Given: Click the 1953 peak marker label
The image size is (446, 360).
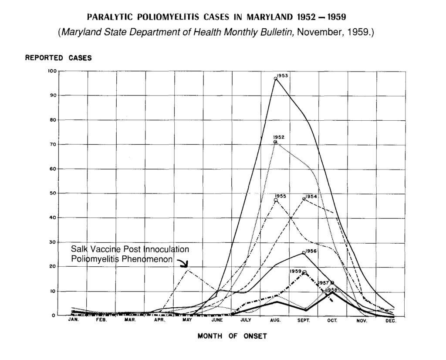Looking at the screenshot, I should [x=283, y=76].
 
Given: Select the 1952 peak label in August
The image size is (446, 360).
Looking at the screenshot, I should [x=279, y=137].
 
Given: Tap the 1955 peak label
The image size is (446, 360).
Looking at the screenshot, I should [x=280, y=196].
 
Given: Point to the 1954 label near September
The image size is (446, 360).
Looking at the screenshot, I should [x=311, y=197].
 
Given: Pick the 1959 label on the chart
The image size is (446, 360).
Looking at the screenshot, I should [x=295, y=271].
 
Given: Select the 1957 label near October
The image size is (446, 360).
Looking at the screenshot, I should [x=323, y=283].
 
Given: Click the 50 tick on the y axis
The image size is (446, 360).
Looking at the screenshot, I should [x=52, y=193].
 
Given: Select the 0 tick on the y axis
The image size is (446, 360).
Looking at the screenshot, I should [x=54, y=316].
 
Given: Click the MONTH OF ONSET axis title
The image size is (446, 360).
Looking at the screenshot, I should [x=232, y=336].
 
